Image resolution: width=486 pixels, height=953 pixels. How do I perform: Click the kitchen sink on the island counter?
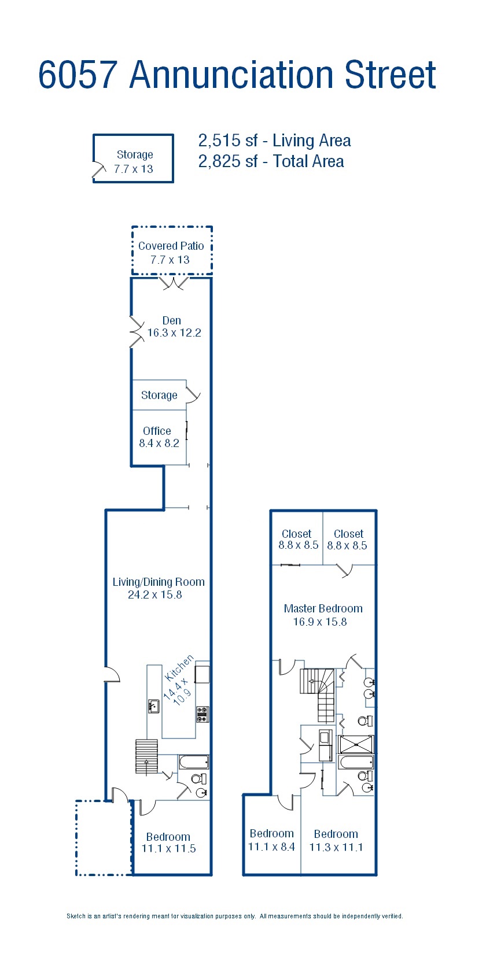click(x=154, y=706)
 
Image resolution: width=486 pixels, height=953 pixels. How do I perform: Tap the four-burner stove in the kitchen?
click(x=202, y=714)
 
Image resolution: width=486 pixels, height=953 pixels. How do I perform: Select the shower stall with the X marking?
click(x=356, y=745)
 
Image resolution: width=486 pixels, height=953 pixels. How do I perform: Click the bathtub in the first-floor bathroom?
click(x=194, y=762)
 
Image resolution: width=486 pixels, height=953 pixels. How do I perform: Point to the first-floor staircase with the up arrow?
click(x=146, y=756)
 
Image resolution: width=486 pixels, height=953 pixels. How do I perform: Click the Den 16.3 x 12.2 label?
click(x=174, y=327)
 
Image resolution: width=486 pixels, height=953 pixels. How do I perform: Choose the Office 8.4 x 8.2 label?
click(x=159, y=437)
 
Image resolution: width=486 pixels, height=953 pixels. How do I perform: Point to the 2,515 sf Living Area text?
click(x=274, y=141)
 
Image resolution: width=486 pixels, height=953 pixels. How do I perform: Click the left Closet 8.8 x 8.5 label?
click(x=299, y=540)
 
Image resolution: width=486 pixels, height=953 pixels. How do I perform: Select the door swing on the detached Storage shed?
click(x=99, y=171)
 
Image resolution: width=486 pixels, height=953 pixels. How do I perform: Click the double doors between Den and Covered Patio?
click(x=174, y=284)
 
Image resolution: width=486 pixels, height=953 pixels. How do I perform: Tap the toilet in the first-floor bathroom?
click(x=199, y=779)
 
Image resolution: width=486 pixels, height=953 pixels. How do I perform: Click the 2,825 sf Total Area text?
click(x=271, y=162)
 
